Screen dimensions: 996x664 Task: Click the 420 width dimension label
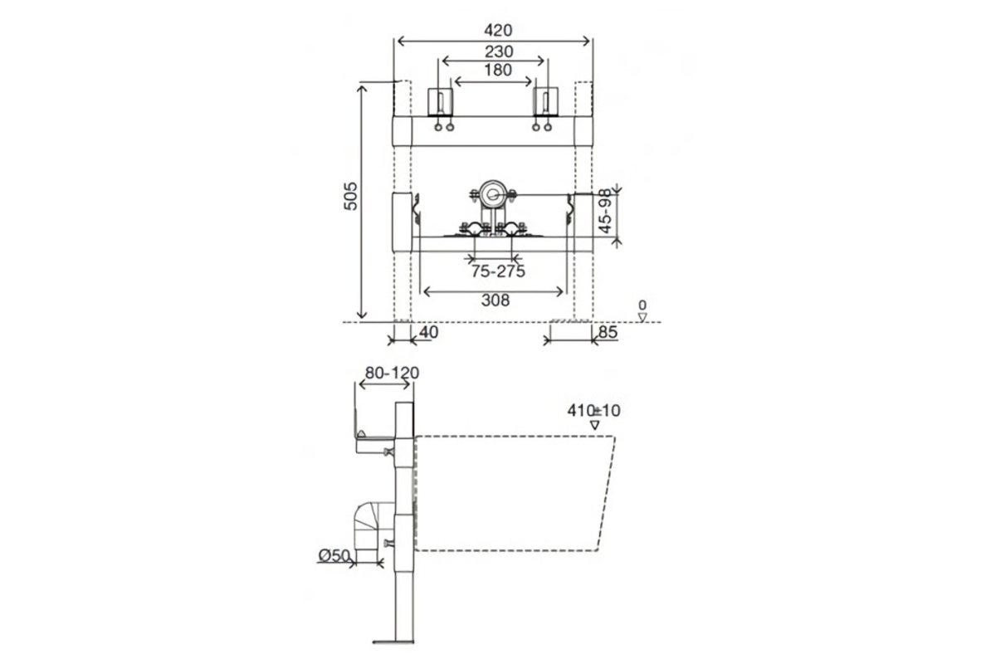pos(498,30)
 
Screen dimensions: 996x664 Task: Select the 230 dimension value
pos(499,52)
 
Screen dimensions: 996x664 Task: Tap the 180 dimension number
pos(498,70)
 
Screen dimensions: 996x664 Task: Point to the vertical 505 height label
pos(350,196)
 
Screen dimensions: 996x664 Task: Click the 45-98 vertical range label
pos(605,211)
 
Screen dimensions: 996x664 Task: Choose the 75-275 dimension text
pos(498,271)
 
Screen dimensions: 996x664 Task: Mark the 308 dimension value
pos(496,300)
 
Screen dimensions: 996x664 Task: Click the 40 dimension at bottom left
pos(428,332)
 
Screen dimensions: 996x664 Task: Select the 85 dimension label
pos(608,332)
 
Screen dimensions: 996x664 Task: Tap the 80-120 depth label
pos(392,373)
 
